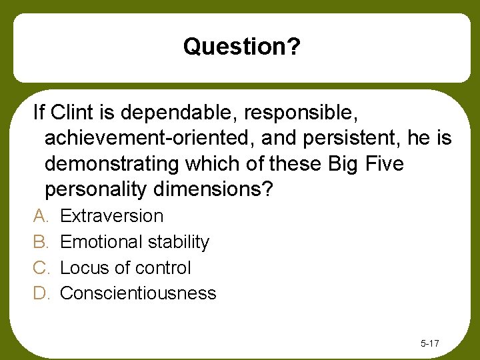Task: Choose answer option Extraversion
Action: point(111,216)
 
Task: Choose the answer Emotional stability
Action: point(135,242)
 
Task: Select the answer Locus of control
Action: point(125,268)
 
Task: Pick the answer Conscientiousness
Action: point(138,293)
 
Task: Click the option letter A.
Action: point(39,216)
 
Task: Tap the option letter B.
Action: point(39,242)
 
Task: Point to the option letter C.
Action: point(39,268)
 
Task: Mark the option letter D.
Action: point(39,293)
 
